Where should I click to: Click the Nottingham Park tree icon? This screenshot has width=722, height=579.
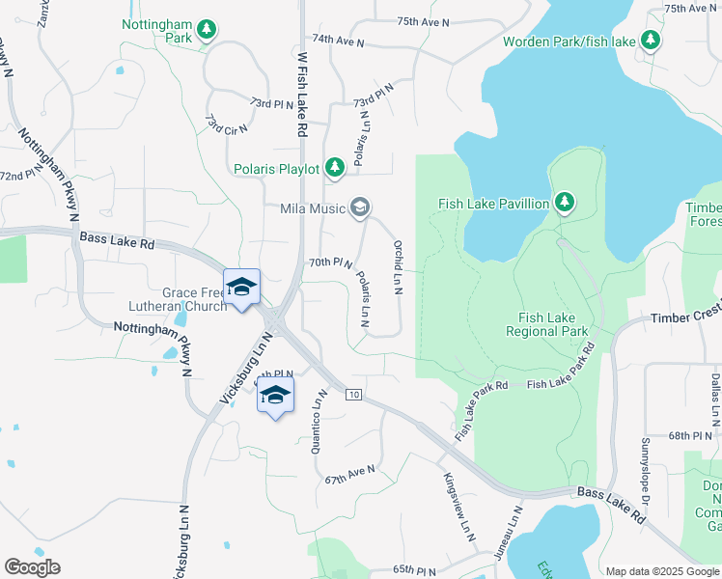(x=206, y=31)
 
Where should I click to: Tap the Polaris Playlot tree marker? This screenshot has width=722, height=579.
(x=335, y=169)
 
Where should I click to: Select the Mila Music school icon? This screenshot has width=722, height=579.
(x=360, y=207)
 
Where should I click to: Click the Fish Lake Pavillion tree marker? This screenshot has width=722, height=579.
(x=565, y=203)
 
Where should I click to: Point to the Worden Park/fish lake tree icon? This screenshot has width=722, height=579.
(x=652, y=41)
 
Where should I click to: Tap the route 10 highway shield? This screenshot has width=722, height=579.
(x=353, y=396)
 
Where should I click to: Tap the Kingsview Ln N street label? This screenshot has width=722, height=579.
(x=460, y=507)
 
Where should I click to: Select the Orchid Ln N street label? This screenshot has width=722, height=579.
(x=398, y=256)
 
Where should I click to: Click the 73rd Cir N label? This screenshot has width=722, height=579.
(x=227, y=124)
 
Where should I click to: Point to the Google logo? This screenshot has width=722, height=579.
(x=32, y=567)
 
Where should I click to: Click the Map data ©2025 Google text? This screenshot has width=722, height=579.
(x=662, y=571)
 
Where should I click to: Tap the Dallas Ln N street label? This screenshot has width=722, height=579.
(x=715, y=400)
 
